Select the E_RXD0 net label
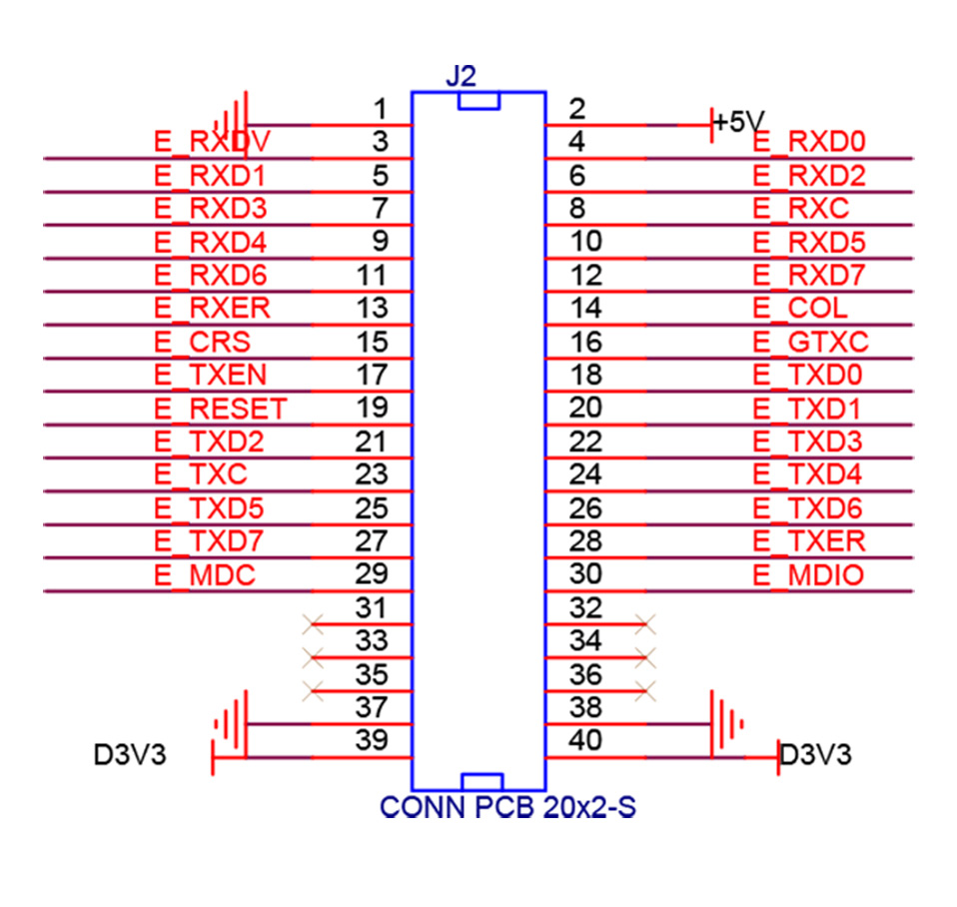tap(809, 142)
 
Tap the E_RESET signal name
tap(221, 409)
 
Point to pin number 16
tap(586, 342)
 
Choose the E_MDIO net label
tap(809, 574)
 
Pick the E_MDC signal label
tap(205, 574)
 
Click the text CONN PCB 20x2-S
tap(507, 807)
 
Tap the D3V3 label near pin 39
tap(130, 754)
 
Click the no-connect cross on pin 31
tap(314, 624)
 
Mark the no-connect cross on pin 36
tap(645, 690)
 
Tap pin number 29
tap(371, 574)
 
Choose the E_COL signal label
tap(800, 309)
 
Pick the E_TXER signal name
tap(809, 541)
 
